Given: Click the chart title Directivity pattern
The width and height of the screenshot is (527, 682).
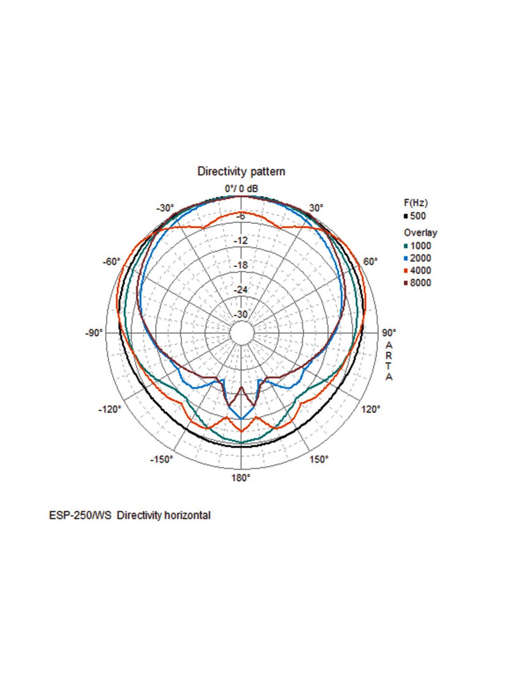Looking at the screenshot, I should pos(241,171).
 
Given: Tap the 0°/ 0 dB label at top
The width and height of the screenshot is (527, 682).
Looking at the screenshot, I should pos(241,188).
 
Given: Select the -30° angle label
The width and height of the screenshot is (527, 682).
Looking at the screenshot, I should pos(165,208).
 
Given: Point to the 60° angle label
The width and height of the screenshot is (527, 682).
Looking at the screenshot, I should pos(370,262).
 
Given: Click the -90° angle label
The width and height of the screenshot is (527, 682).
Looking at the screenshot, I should pos(94,333).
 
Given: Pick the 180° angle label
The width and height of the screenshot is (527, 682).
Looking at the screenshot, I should pos(241,478).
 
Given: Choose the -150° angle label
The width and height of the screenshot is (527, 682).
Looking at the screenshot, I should pos(161,459).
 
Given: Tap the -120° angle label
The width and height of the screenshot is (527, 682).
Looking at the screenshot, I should pos(110,409).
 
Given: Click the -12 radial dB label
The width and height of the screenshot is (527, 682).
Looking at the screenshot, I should pos(241,240).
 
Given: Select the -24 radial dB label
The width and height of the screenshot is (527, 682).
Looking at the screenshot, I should pos(241,290).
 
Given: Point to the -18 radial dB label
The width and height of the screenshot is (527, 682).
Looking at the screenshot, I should pos(241,265).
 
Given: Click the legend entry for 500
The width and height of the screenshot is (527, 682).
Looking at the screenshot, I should pos(417,216).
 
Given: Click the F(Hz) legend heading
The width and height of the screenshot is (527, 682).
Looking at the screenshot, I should pos(415,202).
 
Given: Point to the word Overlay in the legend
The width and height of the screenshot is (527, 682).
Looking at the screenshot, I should pos(420,233).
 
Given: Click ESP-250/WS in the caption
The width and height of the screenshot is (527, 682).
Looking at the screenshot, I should pos(80,515).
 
